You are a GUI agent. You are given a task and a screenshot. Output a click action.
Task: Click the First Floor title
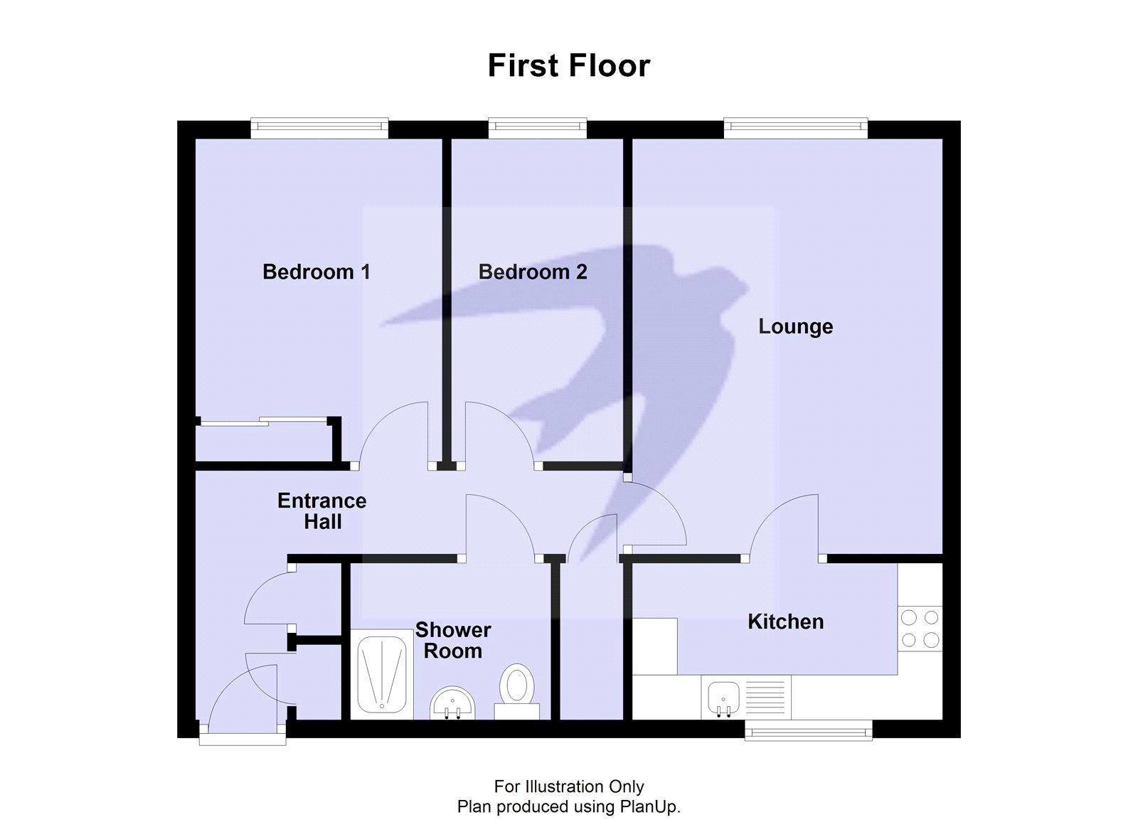pos(568,65)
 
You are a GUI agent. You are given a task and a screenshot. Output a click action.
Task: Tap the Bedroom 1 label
pos(316,272)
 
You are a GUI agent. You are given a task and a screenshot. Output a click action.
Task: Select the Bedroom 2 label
pos(532,272)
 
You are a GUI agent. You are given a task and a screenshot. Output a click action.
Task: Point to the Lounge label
pos(795,326)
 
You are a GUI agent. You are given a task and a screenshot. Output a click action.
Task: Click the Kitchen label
pos(785,621)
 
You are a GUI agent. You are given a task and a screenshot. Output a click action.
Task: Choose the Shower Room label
pos(453,640)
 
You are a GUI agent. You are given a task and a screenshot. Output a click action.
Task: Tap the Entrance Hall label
pos(322,511)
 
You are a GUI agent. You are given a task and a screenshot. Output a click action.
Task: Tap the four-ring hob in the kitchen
pos(920,628)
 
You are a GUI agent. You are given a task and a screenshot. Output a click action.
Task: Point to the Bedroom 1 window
pos(319,128)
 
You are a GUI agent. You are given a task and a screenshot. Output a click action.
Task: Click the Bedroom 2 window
pos(537,128)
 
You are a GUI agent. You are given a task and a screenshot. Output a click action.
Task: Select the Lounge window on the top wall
pos(795,128)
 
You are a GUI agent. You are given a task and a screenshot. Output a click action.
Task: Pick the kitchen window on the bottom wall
pos(808,730)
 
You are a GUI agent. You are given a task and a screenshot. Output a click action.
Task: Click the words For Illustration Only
pos(568,786)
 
